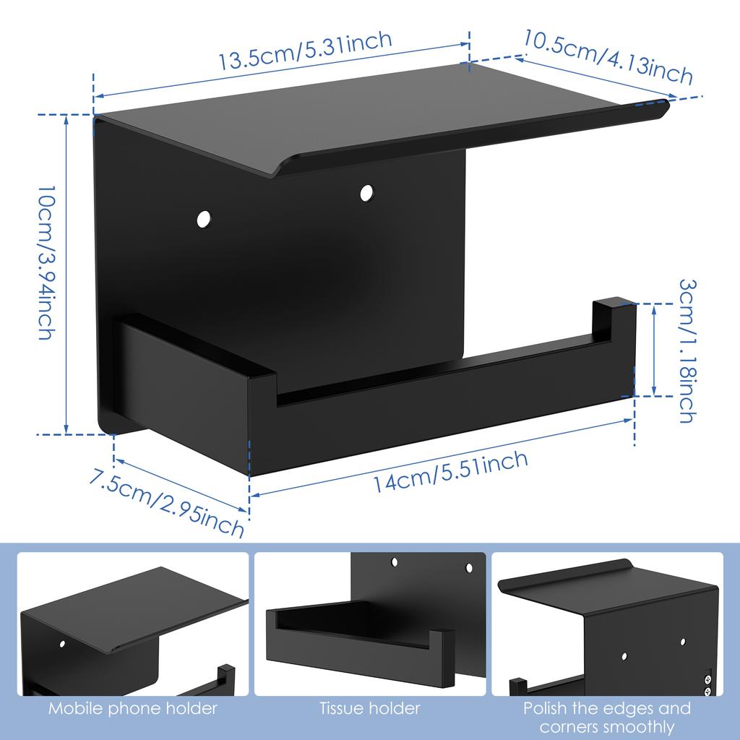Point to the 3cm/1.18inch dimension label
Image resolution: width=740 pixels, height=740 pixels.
pyautogui.click(x=687, y=350)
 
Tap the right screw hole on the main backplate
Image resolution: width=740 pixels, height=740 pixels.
pyautogui.click(x=366, y=192)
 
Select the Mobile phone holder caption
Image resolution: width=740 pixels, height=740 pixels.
pyautogui.click(x=133, y=708)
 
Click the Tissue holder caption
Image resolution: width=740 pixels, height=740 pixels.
pyautogui.click(x=369, y=708)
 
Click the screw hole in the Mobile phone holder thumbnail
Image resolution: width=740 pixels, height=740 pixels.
pyautogui.click(x=61, y=642)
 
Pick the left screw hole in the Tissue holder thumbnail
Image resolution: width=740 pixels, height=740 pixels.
pyautogui.click(x=395, y=561)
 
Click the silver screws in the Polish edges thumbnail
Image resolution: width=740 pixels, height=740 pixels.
pyautogui.click(x=707, y=684)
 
